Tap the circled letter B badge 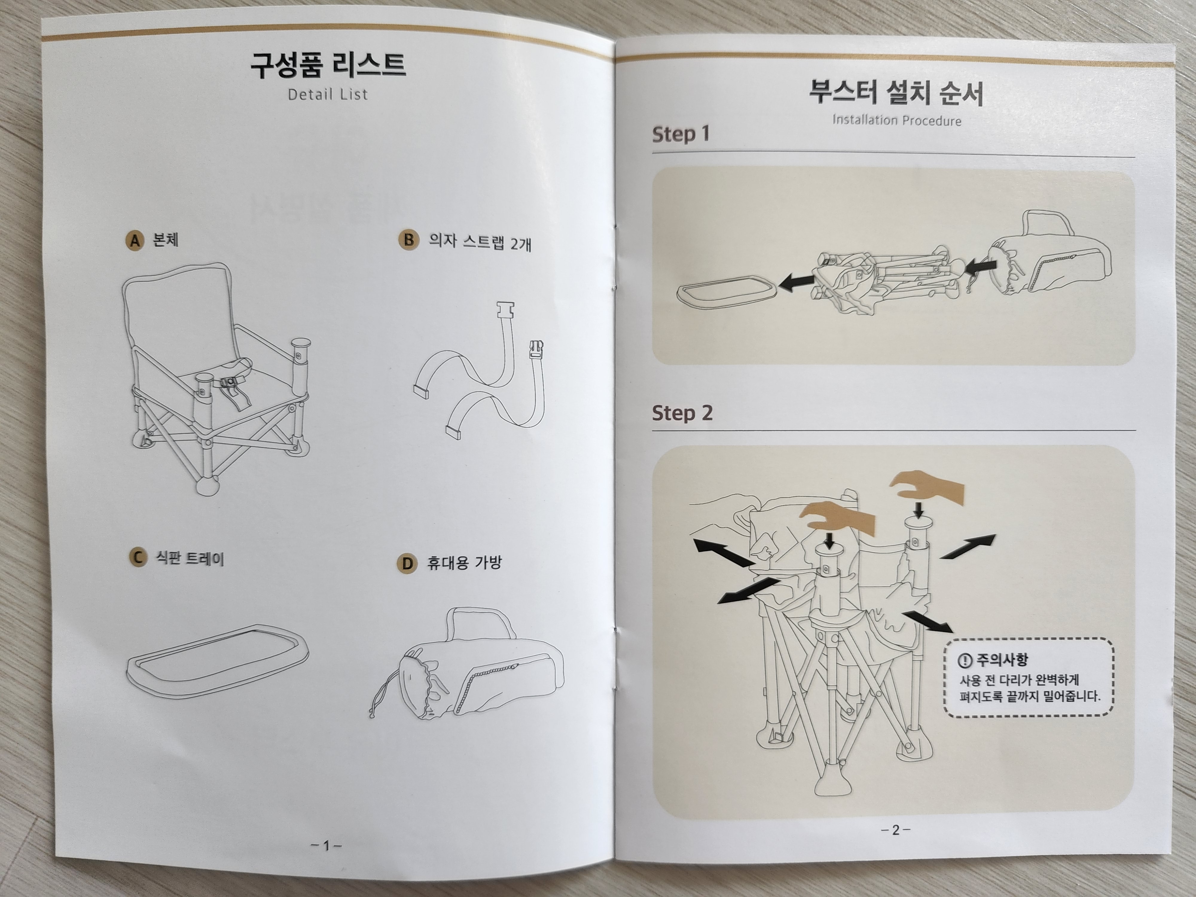click(409, 239)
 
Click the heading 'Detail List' click(328, 94)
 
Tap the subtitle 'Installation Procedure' click(896, 120)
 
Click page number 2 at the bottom click(896, 830)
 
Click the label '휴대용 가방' click(464, 563)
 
